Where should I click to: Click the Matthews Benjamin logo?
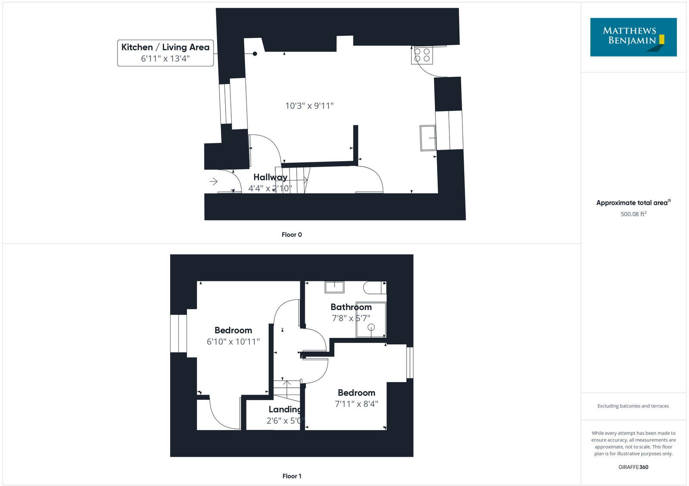tap(633, 37)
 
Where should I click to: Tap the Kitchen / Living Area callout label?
tap(165, 47)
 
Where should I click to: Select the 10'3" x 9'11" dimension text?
tap(309, 106)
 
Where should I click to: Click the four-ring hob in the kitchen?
tap(422, 55)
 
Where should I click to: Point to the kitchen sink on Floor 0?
tap(428, 138)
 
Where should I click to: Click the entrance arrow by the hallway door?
tap(214, 182)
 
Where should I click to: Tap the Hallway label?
tap(270, 177)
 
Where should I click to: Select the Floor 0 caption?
tap(292, 235)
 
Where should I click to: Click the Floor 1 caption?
tap(292, 476)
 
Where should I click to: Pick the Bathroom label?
tap(351, 307)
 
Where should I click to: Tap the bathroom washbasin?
tap(334, 287)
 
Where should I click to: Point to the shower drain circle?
tap(371, 327)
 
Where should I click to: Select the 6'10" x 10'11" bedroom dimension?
tap(233, 342)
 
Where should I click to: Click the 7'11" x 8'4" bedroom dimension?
tap(356, 404)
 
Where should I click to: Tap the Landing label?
tap(285, 409)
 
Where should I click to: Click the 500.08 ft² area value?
tap(633, 214)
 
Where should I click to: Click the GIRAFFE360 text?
tap(633, 467)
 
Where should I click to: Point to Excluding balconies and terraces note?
tap(633, 406)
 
